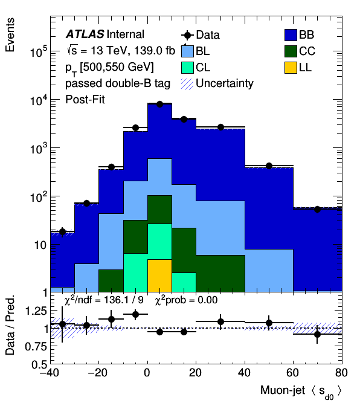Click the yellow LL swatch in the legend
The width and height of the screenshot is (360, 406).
click(x=291, y=68)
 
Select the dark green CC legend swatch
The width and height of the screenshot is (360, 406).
click(x=291, y=51)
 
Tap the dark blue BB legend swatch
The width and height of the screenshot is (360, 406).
click(x=291, y=34)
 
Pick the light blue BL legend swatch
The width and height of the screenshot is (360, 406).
click(x=187, y=51)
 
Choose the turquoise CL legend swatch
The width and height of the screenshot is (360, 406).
click(x=187, y=68)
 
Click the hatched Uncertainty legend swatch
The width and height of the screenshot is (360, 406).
click(x=187, y=84)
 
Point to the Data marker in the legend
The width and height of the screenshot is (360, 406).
click(x=187, y=35)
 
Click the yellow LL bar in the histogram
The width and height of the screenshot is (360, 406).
click(x=159, y=275)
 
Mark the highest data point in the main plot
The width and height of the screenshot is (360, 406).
click(x=159, y=104)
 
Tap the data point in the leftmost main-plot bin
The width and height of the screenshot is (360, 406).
click(x=62, y=231)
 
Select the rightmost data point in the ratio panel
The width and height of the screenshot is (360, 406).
click(x=318, y=334)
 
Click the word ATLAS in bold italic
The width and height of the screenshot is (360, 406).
click(x=85, y=34)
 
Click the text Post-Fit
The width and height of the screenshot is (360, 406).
click(x=85, y=100)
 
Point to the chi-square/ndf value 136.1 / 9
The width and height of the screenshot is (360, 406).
click(x=123, y=300)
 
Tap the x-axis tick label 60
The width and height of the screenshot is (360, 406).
click(x=293, y=373)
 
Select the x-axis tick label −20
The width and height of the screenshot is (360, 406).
click(x=97, y=373)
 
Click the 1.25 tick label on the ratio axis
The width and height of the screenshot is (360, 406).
click(x=36, y=311)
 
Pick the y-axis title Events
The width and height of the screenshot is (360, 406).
click(x=10, y=34)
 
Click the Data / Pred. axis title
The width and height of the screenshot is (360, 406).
click(x=10, y=326)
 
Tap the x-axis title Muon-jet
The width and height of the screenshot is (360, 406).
click(x=283, y=390)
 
